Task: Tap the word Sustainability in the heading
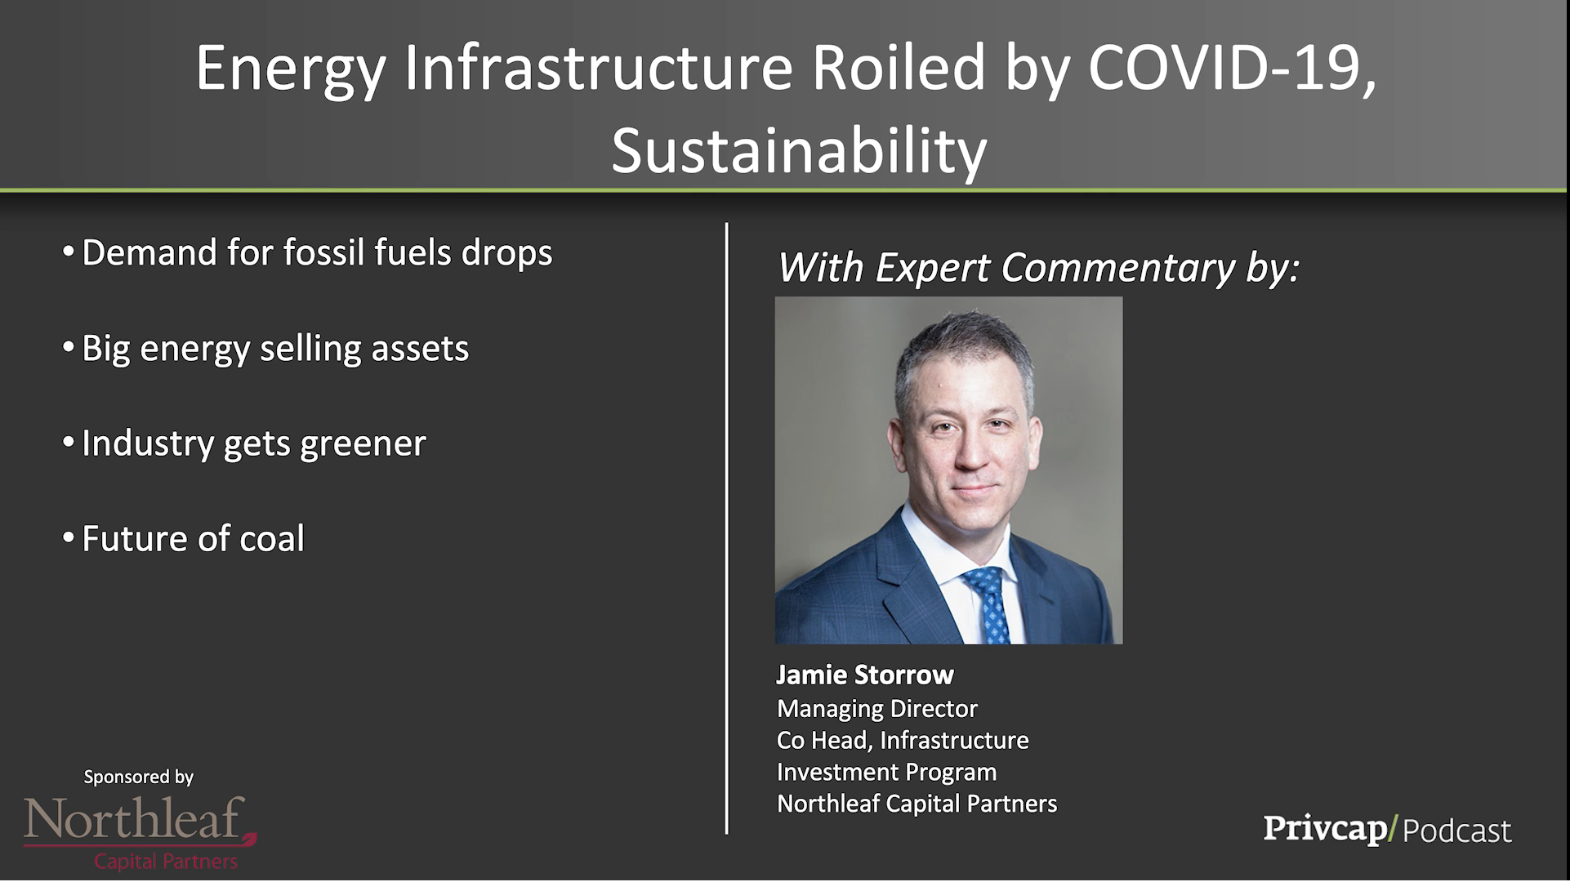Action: pos(799,151)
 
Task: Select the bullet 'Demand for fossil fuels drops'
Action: pos(308,252)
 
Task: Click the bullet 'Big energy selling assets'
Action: pos(266,349)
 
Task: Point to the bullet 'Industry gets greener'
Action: pos(244,443)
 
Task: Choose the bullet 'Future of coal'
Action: pos(184,538)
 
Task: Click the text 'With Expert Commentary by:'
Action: pos(1038,268)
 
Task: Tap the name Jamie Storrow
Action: pos(865,675)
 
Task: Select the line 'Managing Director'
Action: pos(877,708)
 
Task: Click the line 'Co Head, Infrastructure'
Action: pos(903,740)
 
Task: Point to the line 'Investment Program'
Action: pos(887,772)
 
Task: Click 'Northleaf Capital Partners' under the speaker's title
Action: pos(917,804)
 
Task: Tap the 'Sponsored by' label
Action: pos(139,777)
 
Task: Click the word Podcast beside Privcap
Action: pos(1457,831)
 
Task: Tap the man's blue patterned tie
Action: pos(989,604)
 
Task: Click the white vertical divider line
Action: pos(726,528)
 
